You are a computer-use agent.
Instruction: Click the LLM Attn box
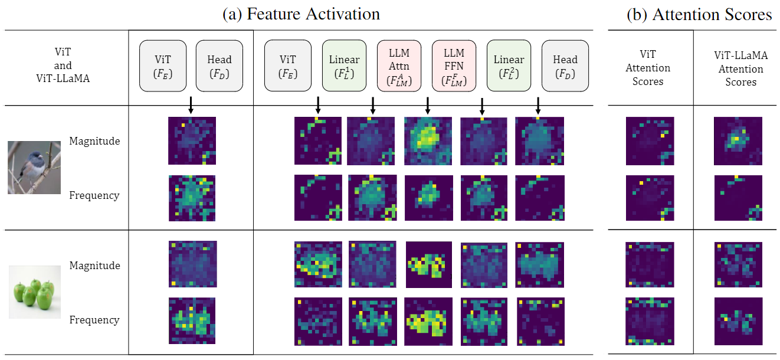(399, 66)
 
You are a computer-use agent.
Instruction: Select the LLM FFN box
(454, 66)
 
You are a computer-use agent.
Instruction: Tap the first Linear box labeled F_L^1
(344, 66)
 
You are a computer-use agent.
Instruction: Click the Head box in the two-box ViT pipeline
(219, 66)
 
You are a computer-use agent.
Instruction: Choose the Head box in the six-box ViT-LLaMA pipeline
(565, 66)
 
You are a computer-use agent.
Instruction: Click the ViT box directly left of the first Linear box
(288, 66)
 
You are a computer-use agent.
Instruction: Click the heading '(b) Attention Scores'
(699, 15)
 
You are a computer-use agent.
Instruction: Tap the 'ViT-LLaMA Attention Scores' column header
(740, 69)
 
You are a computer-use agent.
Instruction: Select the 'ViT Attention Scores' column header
(648, 69)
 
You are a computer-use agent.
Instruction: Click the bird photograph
(34, 168)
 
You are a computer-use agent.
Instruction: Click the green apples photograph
(34, 292)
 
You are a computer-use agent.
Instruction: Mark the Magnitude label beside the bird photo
(94, 141)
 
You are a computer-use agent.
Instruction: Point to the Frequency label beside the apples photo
(94, 320)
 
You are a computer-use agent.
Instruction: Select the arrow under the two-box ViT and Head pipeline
(191, 105)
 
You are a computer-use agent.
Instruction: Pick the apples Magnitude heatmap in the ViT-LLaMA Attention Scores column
(738, 264)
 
